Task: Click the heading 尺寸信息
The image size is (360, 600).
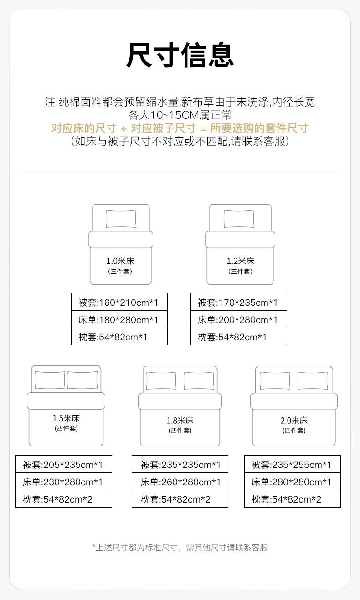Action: pos(180,56)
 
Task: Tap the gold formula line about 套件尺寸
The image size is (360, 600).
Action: pos(180,128)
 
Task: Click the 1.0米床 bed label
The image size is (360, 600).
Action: pos(120,261)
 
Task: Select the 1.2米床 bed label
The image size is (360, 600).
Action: pos(240,261)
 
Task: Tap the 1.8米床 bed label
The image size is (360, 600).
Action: pos(180,421)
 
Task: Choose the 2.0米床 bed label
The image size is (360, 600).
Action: pos(294,421)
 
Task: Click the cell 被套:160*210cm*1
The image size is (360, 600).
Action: pos(119,302)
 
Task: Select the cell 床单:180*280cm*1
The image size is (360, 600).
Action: pos(119,319)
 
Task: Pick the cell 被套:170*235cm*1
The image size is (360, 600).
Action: pos(238,302)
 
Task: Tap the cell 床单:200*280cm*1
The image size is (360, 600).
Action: pos(238,319)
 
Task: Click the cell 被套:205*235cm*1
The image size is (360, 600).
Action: pos(64,464)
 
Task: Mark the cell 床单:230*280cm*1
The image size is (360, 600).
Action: pos(64,482)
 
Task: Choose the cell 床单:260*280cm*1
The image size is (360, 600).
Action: pos(180,482)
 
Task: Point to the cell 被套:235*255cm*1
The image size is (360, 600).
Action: pos(292,464)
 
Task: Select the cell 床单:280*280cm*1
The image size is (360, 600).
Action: pos(292,482)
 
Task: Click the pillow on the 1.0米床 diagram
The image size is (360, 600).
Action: pos(121,219)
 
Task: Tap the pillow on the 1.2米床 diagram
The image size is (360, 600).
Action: pos(239,219)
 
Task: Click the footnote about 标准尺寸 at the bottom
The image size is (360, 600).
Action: pos(180,547)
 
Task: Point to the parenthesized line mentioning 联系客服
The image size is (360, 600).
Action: pos(180,141)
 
